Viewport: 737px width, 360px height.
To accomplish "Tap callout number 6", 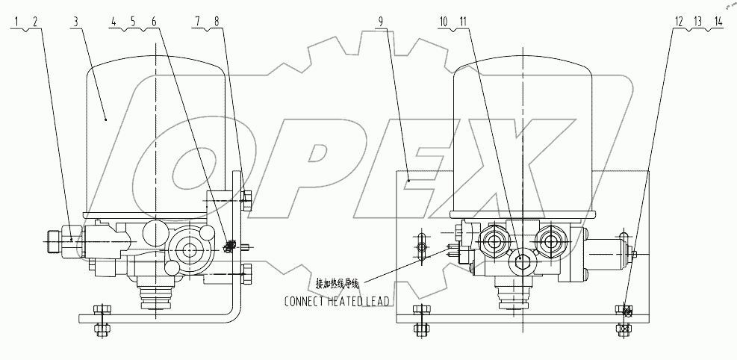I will (x=154, y=22).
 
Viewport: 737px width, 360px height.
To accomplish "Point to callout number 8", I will (x=217, y=22).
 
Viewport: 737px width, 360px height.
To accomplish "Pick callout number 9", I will (x=382, y=22).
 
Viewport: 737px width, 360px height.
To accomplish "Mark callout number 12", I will (x=679, y=22).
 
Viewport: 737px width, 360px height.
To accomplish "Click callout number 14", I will (x=718, y=22).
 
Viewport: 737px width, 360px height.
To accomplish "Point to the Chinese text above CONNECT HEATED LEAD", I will (x=338, y=284).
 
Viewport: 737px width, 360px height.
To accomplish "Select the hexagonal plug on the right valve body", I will (x=523, y=261).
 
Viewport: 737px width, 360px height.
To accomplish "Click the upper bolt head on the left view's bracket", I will (x=248, y=198).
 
